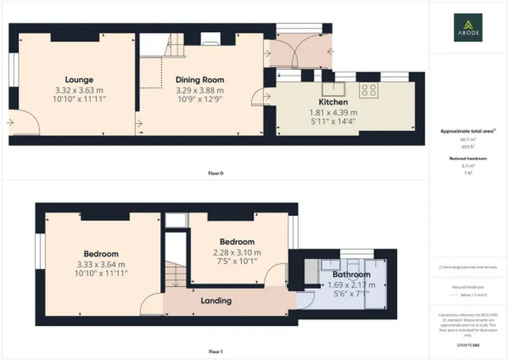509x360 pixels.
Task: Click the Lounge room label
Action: [79, 79]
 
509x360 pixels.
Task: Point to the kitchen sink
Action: [333, 88]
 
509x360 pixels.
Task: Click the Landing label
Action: [215, 300]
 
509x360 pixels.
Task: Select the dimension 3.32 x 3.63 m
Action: [79, 90]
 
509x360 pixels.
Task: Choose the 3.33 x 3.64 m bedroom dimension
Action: [100, 264]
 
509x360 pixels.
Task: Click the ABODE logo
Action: [469, 27]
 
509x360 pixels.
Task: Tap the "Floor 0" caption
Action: [215, 173]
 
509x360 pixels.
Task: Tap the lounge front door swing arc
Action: [27, 120]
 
